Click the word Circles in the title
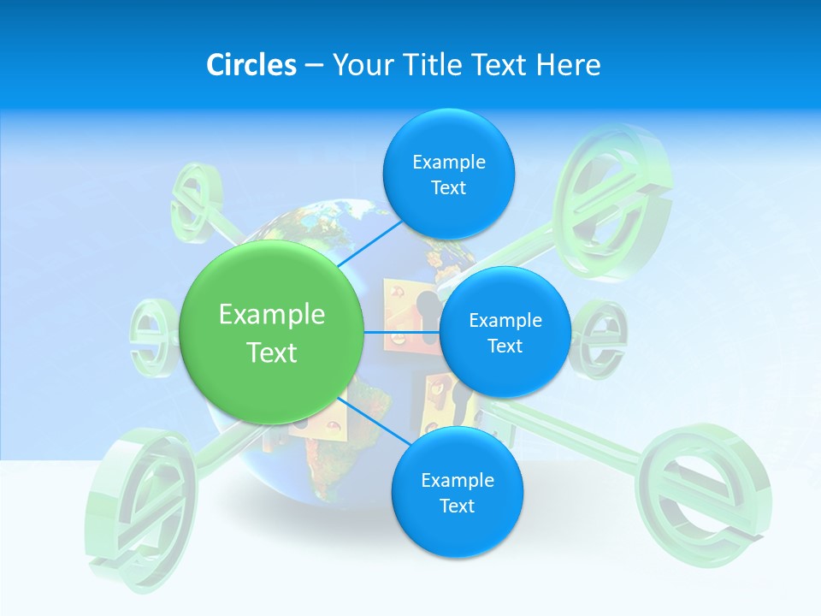pos(251,64)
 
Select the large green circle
pos(271,333)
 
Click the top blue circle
pos(448,175)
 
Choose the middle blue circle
pos(505,333)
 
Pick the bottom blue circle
pos(457,493)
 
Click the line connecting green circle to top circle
pos(371,243)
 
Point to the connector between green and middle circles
pos(401,332)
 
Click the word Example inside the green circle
pos(272,314)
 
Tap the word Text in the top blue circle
pos(448,188)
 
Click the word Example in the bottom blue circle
pos(458,480)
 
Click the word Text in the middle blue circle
pos(505,346)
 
